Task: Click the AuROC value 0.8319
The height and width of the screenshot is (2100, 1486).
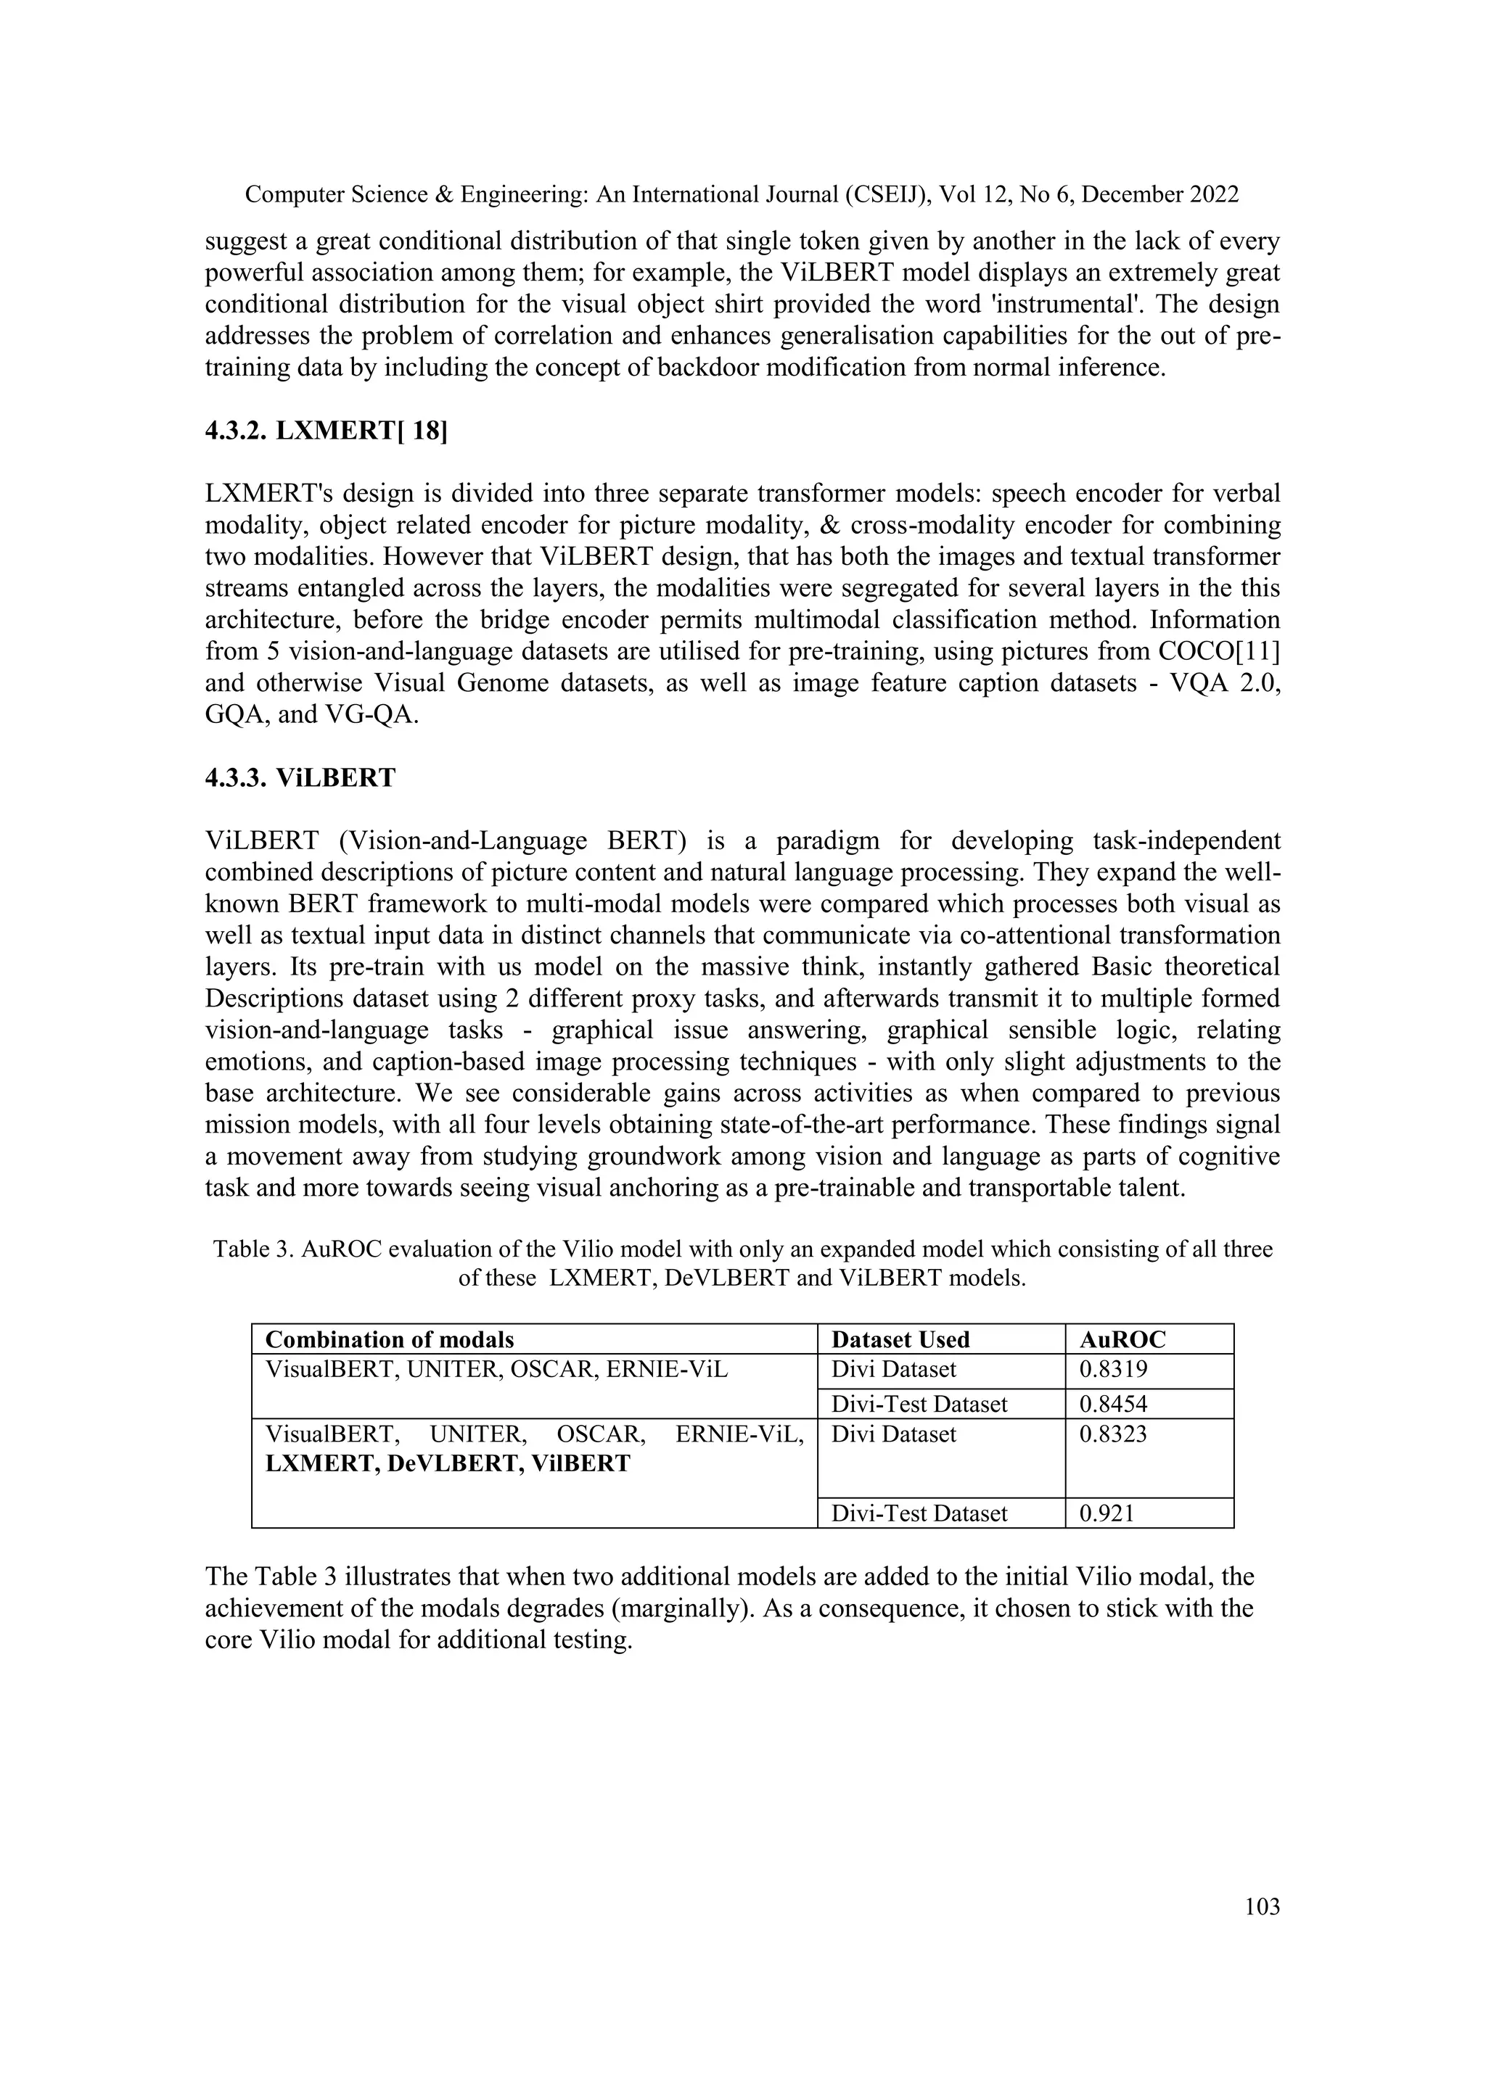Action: tap(1114, 1369)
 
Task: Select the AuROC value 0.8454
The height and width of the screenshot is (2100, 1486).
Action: tap(1114, 1404)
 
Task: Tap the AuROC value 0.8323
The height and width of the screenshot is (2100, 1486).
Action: tap(1114, 1433)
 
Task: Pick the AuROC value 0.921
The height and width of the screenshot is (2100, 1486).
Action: tap(1107, 1513)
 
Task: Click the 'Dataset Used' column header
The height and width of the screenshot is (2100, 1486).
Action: tap(900, 1339)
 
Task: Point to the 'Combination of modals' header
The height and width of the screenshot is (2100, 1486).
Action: tap(390, 1339)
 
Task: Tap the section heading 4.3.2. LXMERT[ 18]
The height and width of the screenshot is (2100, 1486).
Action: tap(327, 431)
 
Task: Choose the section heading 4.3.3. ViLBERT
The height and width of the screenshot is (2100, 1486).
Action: tap(300, 777)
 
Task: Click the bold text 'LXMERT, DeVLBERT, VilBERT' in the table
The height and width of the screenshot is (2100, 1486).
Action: tap(448, 1463)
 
